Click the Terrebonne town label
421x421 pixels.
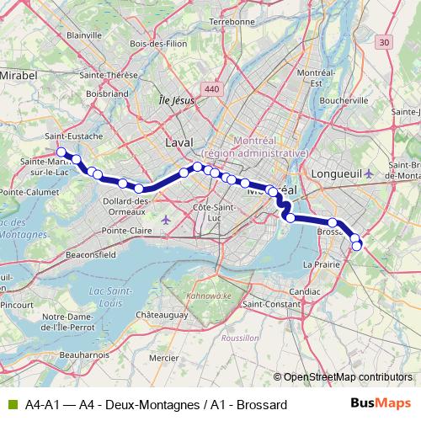pyautogui.click(x=231, y=21)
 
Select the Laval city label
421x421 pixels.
pyautogui.click(x=179, y=142)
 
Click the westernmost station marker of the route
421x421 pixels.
pyautogui.click(x=61, y=152)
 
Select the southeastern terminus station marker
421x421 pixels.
pyautogui.click(x=357, y=246)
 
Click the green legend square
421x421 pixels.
pyautogui.click(x=11, y=405)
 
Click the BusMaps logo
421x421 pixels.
pyautogui.click(x=381, y=404)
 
